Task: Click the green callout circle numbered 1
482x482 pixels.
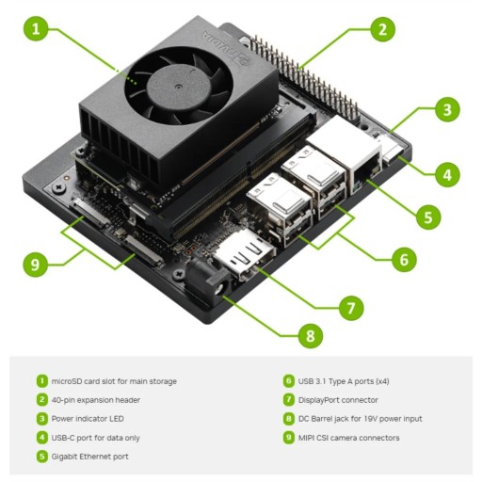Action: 36,29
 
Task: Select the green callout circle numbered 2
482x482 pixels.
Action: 380,29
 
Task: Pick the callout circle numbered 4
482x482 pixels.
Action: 447,173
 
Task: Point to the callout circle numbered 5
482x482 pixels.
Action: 427,217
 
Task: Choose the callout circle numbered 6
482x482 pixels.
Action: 402,258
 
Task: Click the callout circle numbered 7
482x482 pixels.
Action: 351,306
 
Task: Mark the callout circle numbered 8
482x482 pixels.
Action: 305,334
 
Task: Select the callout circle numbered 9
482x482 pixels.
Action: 36,265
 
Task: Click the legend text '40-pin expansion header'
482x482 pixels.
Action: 96,400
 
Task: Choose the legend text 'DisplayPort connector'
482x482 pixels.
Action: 339,400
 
